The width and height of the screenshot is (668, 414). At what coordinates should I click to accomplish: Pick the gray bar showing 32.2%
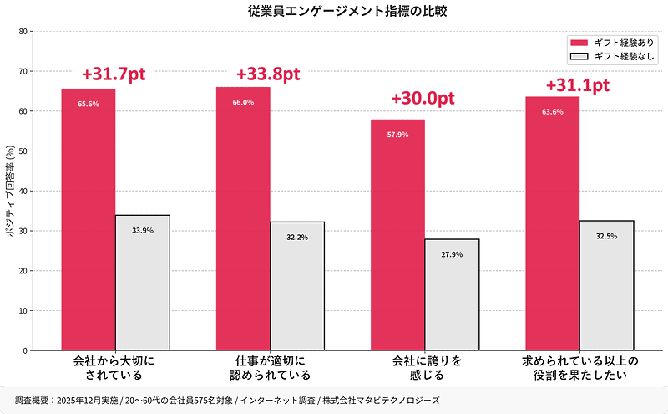tap(297, 286)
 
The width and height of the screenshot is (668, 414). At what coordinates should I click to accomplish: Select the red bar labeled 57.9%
tap(397, 235)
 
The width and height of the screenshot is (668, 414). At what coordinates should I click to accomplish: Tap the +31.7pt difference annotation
tap(114, 74)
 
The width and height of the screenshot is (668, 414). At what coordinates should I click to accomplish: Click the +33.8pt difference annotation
tap(268, 74)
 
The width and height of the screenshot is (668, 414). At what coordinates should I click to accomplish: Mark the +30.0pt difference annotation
tap(423, 98)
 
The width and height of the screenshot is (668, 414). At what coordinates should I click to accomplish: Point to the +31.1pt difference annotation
tap(577, 85)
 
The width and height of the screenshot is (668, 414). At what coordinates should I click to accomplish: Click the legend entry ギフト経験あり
tap(615, 43)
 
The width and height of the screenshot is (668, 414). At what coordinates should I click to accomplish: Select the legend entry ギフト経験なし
tap(615, 56)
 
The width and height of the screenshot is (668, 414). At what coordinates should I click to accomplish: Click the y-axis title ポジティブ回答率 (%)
tap(9, 192)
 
